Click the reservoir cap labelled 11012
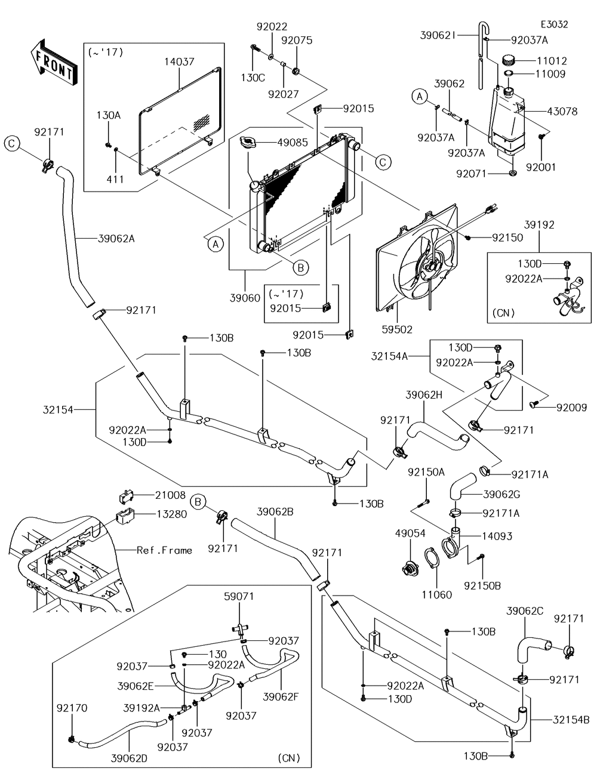(x=509, y=60)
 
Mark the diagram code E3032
(x=554, y=24)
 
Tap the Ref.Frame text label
(x=164, y=550)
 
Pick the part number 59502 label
(x=399, y=328)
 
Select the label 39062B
(x=275, y=512)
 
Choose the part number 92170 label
(x=72, y=708)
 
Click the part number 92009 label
(x=571, y=408)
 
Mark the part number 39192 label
(x=539, y=225)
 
